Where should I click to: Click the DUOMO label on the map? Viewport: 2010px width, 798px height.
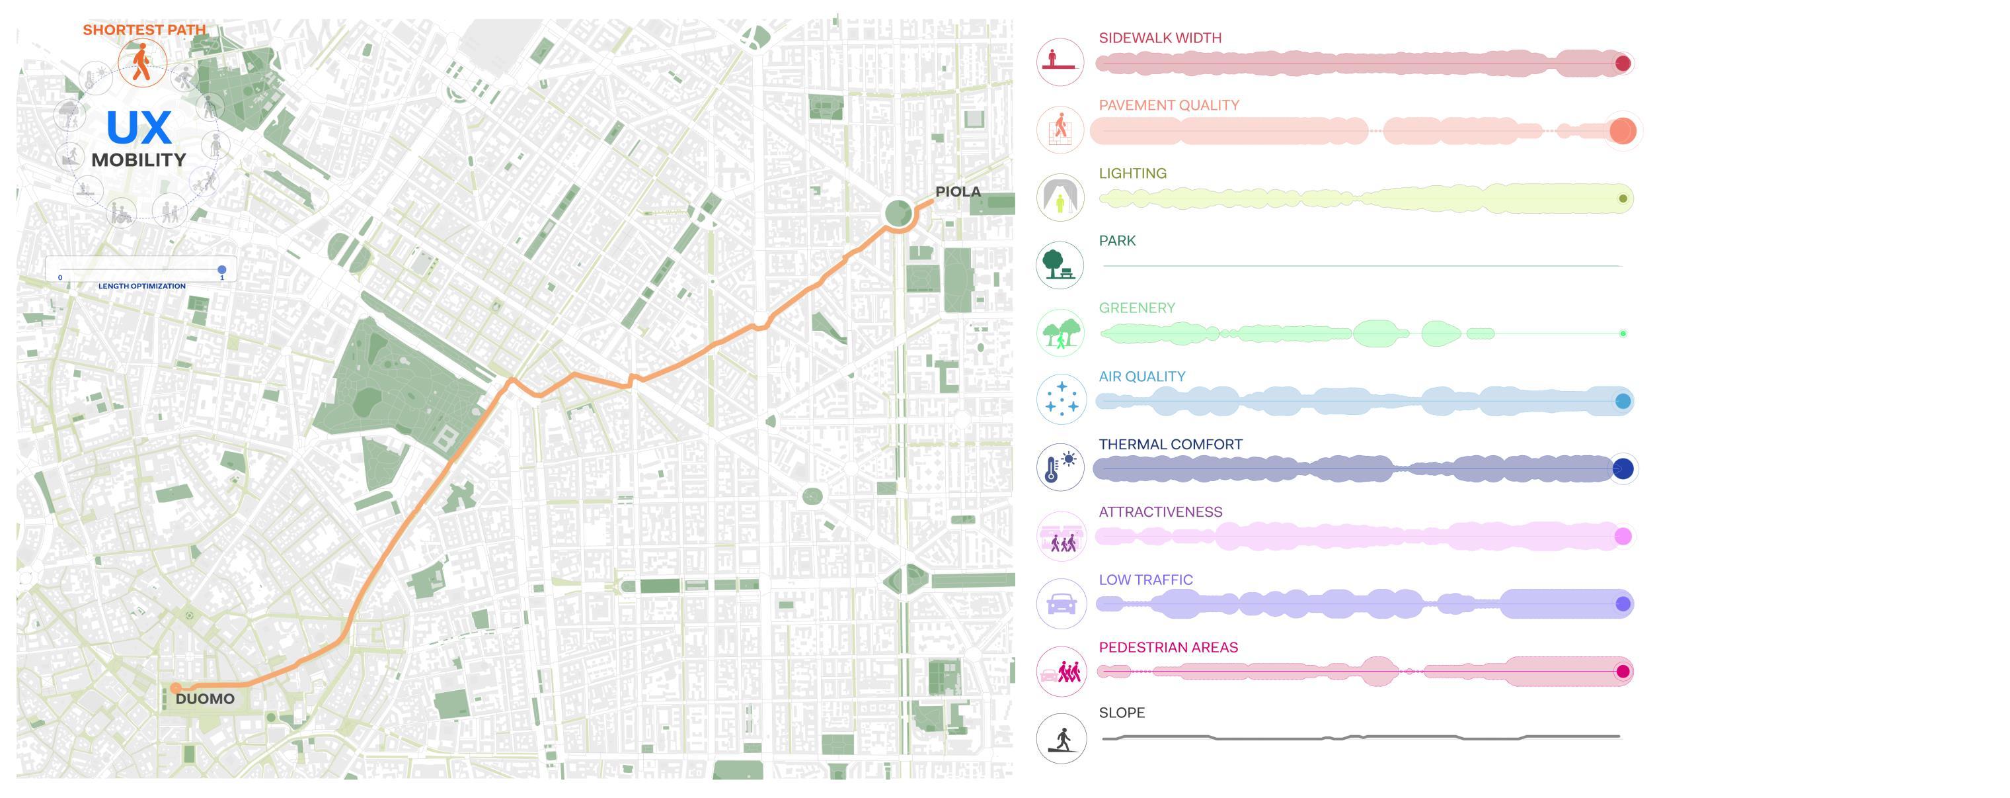[204, 699]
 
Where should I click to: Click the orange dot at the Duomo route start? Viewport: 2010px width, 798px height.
[176, 688]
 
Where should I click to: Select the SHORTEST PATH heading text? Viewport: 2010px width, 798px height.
[144, 30]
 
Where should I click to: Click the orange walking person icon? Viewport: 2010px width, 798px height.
[142, 62]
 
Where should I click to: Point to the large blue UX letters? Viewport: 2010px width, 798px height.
[139, 127]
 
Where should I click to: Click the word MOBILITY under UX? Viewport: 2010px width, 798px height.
[139, 160]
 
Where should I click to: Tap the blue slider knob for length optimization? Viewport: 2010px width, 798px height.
[221, 269]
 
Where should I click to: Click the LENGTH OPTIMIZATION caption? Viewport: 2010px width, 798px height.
[142, 286]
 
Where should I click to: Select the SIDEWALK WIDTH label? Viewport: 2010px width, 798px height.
[1159, 38]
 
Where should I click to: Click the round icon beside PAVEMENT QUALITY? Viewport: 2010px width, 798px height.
[1060, 130]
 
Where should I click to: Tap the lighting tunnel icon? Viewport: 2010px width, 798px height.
[1060, 198]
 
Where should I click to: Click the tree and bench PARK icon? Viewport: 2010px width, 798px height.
[1060, 265]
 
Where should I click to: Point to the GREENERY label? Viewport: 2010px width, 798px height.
[1136, 308]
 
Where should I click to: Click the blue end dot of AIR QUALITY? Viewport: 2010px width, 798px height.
[1623, 402]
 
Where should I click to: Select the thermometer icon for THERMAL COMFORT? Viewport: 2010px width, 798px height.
[1060, 468]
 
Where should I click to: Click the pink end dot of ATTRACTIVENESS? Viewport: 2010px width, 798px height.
[1623, 537]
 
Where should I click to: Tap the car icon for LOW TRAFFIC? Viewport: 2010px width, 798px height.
[1060, 603]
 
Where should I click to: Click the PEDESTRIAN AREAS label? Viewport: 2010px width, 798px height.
[1168, 647]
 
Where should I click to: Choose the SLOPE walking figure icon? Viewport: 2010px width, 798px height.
[1060, 738]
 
